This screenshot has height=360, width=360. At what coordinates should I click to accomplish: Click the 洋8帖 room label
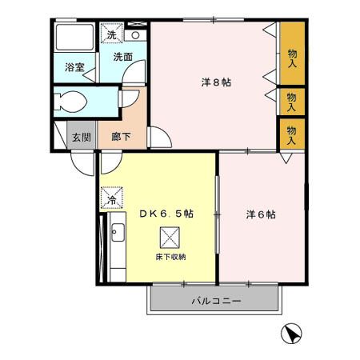point(215,82)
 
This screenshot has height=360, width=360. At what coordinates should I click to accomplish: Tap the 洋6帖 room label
point(261,214)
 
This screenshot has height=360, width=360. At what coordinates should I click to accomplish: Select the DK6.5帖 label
point(166,214)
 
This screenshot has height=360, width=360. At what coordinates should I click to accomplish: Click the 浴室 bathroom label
point(74,68)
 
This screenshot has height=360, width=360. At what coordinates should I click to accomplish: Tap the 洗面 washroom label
point(122,58)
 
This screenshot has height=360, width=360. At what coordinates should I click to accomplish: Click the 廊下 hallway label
point(121,136)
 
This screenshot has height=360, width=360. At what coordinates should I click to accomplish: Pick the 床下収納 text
point(170,257)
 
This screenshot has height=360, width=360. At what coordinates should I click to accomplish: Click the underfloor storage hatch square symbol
point(170,237)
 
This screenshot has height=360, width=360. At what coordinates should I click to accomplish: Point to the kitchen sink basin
point(115,233)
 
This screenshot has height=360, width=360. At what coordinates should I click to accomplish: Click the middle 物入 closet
point(292,100)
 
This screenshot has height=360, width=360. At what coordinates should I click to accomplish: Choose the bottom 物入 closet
point(292,134)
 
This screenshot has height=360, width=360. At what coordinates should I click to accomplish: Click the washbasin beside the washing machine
point(135,35)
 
